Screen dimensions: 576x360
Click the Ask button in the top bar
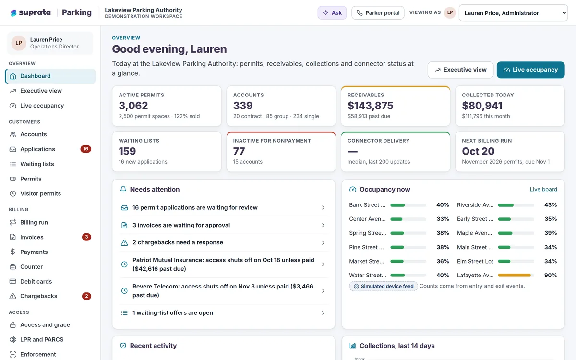pos(332,13)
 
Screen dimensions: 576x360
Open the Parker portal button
pos(378,13)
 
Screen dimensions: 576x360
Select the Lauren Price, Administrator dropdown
pos(513,13)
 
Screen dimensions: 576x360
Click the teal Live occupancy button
pos(530,70)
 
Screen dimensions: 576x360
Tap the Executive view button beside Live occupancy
pos(460,70)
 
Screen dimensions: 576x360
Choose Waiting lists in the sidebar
pos(37,164)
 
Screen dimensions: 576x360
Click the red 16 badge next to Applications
pos(85,149)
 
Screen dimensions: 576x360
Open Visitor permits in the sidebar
pos(41,193)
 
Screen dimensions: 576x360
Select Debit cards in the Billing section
pos(36,281)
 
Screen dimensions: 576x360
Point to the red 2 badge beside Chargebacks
pos(86,296)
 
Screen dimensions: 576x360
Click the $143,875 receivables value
pos(370,106)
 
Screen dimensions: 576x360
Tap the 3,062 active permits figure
pos(133,106)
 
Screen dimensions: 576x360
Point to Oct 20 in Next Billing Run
pos(478,151)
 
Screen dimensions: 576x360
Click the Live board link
pos(543,189)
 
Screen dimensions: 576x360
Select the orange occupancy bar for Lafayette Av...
pos(514,275)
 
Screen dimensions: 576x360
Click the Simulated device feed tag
pos(384,286)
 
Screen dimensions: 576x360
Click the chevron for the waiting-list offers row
pos(323,313)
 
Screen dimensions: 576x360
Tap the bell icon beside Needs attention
pos(123,189)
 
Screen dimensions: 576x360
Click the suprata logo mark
pos(13,13)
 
